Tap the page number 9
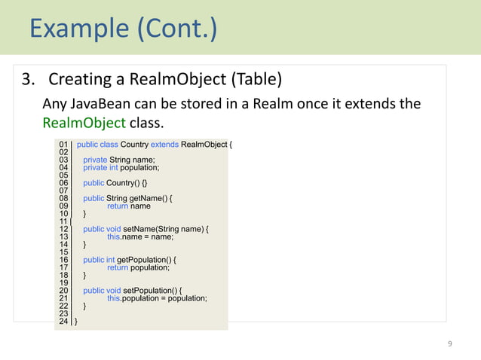pos(450,344)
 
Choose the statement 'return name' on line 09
pos(129,206)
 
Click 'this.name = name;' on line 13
pos(140,236)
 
